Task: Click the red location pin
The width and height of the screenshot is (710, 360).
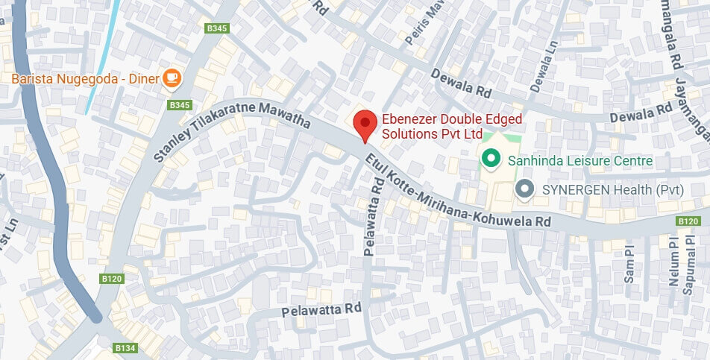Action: [x=364, y=125]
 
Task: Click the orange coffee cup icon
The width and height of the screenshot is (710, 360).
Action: [x=172, y=76]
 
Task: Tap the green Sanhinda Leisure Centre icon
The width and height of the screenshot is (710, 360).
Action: [x=490, y=159]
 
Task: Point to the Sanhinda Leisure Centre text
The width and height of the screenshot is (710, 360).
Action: [x=579, y=160]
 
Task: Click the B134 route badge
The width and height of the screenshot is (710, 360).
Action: [x=125, y=348]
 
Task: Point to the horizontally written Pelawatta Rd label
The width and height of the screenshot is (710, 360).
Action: [x=322, y=308]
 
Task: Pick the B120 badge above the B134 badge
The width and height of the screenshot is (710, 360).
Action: [x=111, y=278]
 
